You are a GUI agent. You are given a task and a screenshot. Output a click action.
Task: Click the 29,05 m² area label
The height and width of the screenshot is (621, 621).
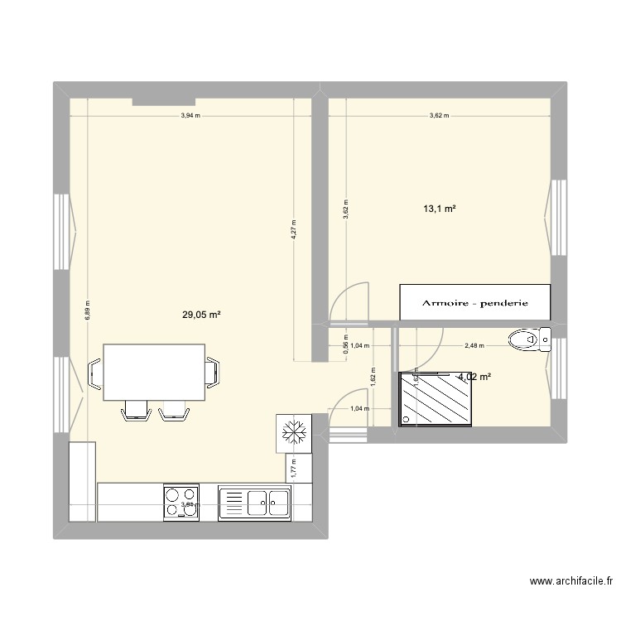pos(202,315)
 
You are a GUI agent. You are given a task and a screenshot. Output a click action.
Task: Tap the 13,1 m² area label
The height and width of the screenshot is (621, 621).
pos(440,209)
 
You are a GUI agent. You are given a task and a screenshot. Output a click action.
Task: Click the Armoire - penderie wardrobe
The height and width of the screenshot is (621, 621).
pos(474,303)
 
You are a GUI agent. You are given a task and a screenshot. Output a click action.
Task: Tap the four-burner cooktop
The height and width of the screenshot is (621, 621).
pos(181,502)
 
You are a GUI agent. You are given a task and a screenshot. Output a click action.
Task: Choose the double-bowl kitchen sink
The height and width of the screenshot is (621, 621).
pos(255,503)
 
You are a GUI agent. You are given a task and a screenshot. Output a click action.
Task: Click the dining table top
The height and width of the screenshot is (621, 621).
pos(153,372)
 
